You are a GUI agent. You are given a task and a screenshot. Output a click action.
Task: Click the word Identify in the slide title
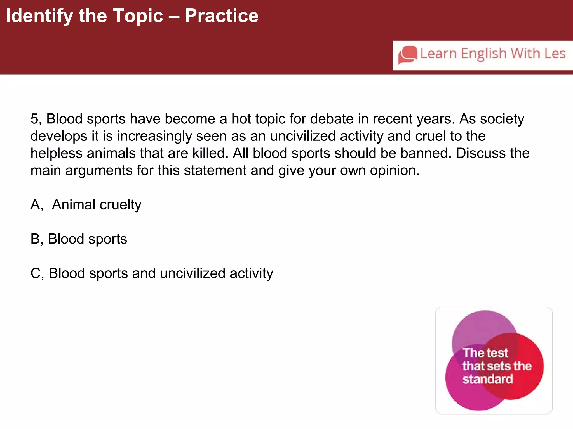[39, 16]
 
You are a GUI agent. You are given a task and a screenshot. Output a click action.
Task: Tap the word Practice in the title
[222, 16]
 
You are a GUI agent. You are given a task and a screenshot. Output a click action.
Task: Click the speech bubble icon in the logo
[408, 54]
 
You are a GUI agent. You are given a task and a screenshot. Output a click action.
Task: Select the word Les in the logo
[555, 53]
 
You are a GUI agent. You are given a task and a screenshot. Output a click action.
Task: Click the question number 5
[34, 119]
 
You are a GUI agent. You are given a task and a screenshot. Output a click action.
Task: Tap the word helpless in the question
[56, 153]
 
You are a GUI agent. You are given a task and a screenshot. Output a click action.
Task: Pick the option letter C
[36, 273]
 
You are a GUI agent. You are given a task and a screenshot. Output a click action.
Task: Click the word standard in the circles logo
[487, 379]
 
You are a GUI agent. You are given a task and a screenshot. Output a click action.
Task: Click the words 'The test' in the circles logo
[485, 353]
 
